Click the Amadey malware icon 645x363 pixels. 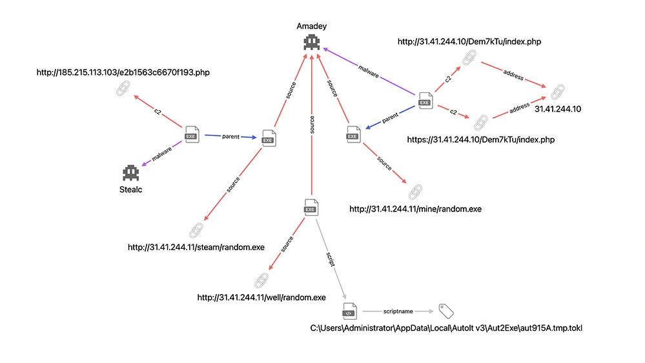[x=312, y=43]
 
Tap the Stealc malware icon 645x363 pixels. [x=132, y=173]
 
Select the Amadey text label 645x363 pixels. [x=312, y=26]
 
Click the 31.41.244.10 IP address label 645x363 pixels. [x=558, y=109]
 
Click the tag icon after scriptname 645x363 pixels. [x=446, y=310]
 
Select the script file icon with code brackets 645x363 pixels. [x=349, y=311]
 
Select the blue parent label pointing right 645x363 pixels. [x=230, y=137]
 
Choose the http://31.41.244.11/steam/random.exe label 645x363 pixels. [x=196, y=247]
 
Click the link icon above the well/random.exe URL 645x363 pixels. [x=261, y=280]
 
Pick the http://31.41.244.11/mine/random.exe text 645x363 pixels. [x=415, y=210]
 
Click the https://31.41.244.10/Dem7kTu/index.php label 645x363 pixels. [x=482, y=139]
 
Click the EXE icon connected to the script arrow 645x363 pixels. [x=311, y=207]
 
